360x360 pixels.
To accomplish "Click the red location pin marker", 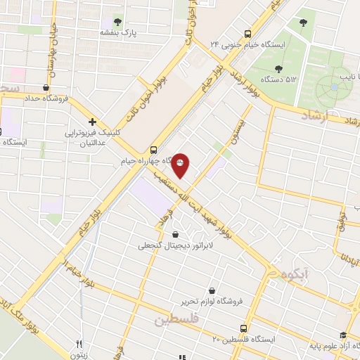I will [181, 165].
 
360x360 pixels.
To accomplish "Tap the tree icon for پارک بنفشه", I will [117, 21].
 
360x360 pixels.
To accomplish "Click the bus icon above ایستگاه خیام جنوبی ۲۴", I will [247, 33].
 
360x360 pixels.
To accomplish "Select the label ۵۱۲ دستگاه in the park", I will [279, 79].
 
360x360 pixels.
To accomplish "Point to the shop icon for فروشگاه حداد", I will [46, 88].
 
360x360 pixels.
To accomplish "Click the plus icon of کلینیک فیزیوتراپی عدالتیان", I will [92, 121].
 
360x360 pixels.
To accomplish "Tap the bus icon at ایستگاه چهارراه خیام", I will [154, 149].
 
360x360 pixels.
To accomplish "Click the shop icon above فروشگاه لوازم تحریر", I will [212, 290].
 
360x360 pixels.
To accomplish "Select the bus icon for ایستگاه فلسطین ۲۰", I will [244, 328].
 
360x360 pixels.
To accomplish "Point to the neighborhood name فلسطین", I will [176, 320].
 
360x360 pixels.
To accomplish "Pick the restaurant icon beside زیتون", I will [79, 345].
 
